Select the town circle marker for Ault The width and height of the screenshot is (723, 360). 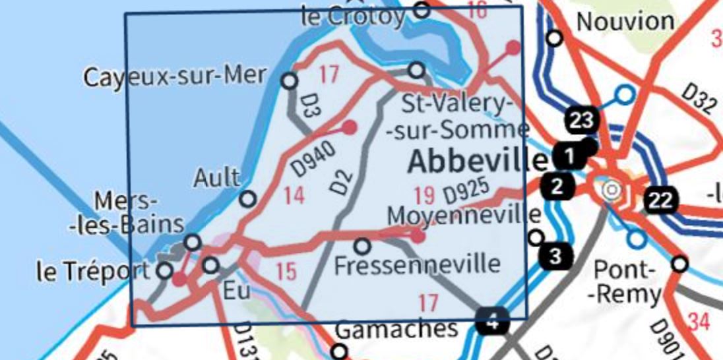(247, 198)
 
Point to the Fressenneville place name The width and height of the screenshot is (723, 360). (417, 265)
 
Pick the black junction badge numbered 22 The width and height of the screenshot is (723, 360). (661, 200)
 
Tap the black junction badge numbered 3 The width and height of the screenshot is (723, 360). (556, 256)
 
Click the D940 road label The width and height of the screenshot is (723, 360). (308, 158)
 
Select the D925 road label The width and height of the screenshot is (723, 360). (468, 192)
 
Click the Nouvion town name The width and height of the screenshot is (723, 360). (625, 21)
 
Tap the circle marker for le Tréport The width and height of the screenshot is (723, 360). (165, 270)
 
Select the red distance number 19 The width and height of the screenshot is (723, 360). (425, 195)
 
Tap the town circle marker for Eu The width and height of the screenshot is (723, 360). (210, 265)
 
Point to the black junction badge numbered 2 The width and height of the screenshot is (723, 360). (557, 187)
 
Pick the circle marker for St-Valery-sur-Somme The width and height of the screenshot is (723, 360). (416, 70)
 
